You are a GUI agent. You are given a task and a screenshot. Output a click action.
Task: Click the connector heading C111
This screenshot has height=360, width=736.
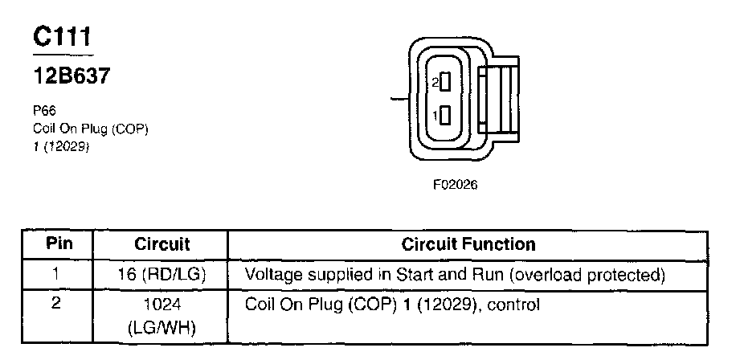(x=63, y=36)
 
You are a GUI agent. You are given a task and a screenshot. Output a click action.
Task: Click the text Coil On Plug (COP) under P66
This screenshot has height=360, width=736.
(x=91, y=129)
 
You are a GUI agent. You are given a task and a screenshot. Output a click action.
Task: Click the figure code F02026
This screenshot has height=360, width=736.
(x=455, y=184)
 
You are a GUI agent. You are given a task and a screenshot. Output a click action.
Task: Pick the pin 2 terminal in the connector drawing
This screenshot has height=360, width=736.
(x=444, y=82)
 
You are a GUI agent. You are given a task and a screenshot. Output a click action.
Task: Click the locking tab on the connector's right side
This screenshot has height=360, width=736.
(x=500, y=99)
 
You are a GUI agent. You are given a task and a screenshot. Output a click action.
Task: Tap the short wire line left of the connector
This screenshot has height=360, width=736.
(x=399, y=99)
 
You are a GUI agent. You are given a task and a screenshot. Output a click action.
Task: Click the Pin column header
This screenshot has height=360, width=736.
(x=56, y=243)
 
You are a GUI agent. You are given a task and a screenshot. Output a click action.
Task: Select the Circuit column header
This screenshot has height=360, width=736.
(x=162, y=243)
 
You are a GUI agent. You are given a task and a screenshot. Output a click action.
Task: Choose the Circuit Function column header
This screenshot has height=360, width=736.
(x=468, y=243)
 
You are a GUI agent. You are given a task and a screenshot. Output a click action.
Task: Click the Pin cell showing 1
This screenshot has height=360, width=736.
(x=56, y=274)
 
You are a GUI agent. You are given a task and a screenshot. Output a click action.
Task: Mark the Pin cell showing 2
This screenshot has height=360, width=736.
(x=56, y=305)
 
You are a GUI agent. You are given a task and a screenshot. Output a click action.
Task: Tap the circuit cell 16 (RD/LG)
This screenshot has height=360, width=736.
(x=162, y=275)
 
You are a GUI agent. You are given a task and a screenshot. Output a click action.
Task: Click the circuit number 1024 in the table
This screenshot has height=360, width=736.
(x=162, y=305)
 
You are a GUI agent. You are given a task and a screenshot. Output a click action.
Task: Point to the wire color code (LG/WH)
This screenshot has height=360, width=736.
(x=162, y=328)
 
